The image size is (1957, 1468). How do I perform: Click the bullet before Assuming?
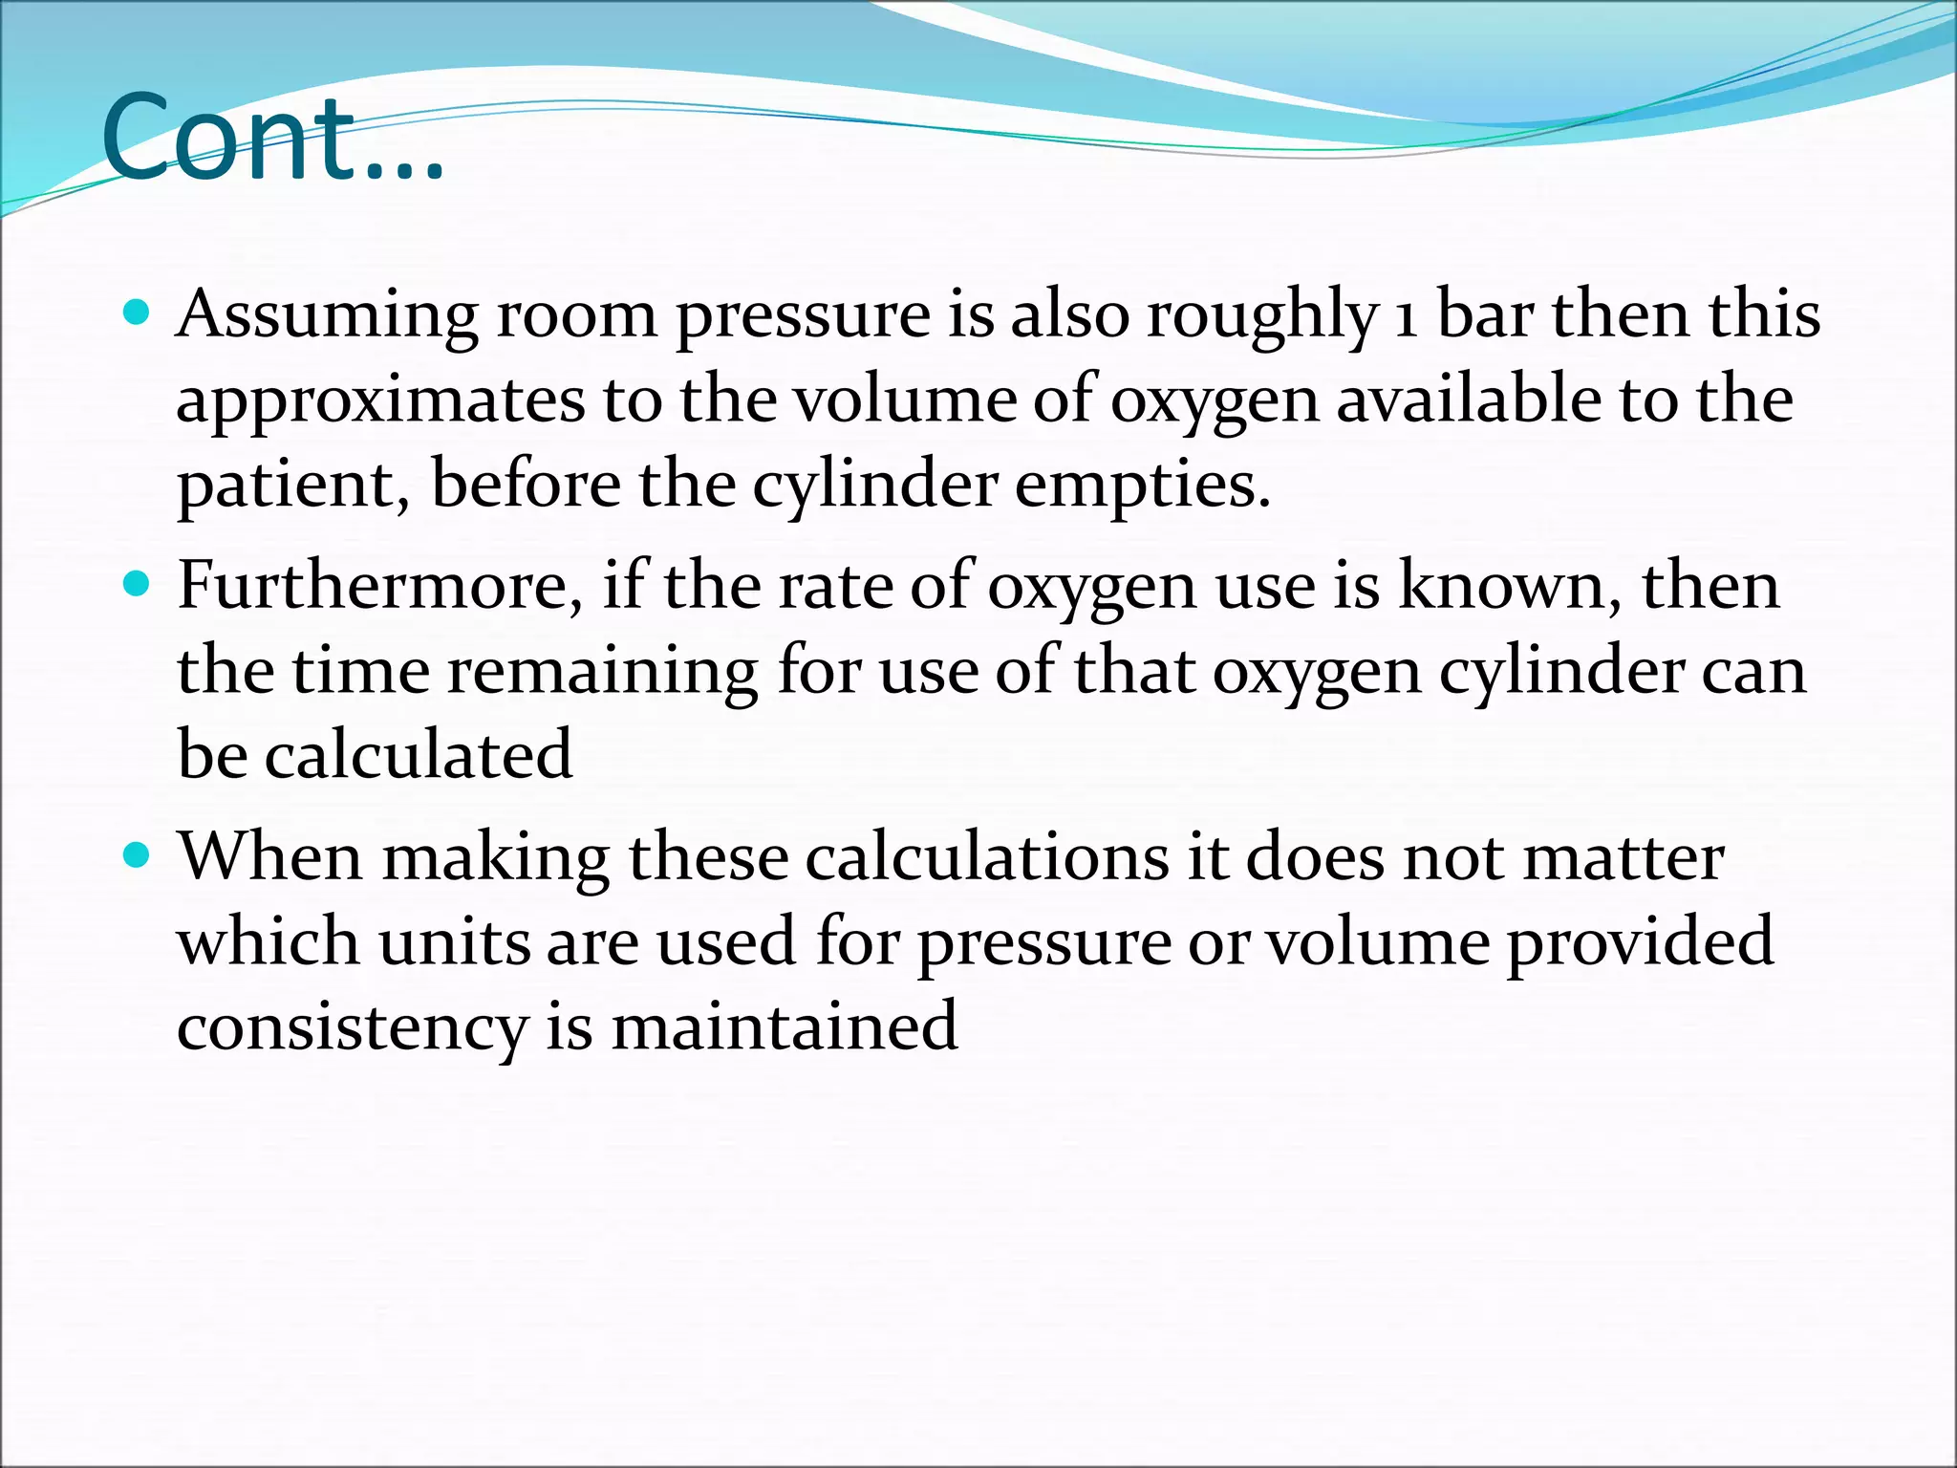pyautogui.click(x=139, y=313)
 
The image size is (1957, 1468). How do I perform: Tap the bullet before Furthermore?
pyautogui.click(x=139, y=584)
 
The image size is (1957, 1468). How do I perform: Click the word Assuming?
pyautogui.click(x=327, y=315)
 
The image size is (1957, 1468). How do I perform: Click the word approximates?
pyautogui.click(x=379, y=399)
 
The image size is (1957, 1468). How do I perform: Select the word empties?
pyautogui.click(x=1141, y=485)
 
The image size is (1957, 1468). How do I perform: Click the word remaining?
pyautogui.click(x=602, y=671)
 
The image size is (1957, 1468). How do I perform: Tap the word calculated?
pyautogui.click(x=418, y=755)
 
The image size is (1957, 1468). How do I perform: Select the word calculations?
pyautogui.click(x=987, y=856)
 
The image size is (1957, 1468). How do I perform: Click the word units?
pyautogui.click(x=453, y=942)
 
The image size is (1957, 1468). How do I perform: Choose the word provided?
pyautogui.click(x=1640, y=942)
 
